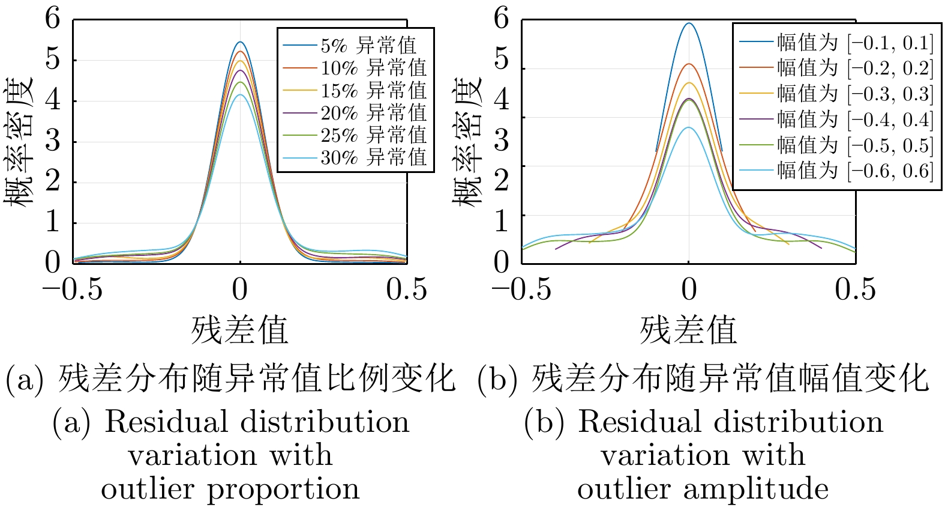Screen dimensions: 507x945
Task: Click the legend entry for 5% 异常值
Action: click(368, 46)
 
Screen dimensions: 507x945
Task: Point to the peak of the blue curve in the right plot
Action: click(689, 23)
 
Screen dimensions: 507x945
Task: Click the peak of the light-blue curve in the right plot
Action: click(689, 127)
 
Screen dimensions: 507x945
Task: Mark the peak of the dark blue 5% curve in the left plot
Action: click(240, 42)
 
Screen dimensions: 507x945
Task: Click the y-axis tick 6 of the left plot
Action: click(53, 19)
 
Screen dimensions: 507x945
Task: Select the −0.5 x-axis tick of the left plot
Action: click(73, 290)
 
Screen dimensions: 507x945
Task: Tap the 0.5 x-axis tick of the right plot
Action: click(855, 290)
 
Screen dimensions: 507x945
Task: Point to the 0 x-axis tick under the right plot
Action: click(689, 290)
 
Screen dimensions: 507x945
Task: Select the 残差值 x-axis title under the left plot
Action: click(240, 330)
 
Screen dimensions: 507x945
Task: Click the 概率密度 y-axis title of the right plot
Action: click(468, 142)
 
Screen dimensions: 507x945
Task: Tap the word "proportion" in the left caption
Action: click(283, 489)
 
